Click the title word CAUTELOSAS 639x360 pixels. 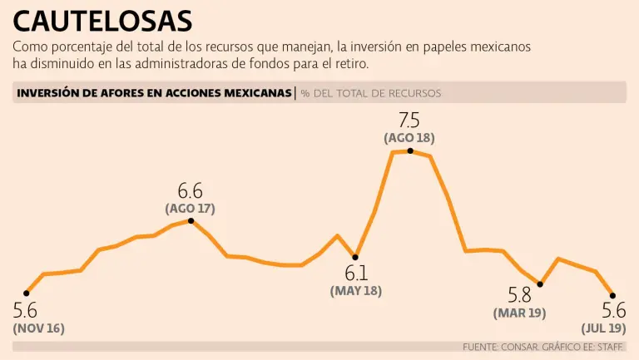point(102,20)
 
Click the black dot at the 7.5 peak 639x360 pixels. point(410,150)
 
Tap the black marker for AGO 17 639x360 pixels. point(191,220)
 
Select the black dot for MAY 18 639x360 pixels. point(355,257)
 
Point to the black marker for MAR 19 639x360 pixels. point(540,284)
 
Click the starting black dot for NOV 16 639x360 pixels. point(27,293)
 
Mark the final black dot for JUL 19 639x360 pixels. point(613,295)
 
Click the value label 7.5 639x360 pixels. point(410,120)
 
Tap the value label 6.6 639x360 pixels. point(191,190)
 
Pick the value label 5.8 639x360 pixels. point(520,295)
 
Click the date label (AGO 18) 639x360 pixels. point(409,138)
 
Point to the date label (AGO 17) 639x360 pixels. point(191,208)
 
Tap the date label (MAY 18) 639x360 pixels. point(356,291)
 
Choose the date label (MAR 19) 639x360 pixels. point(520,313)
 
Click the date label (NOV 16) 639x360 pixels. point(38,328)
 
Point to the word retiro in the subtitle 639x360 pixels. point(347,63)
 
